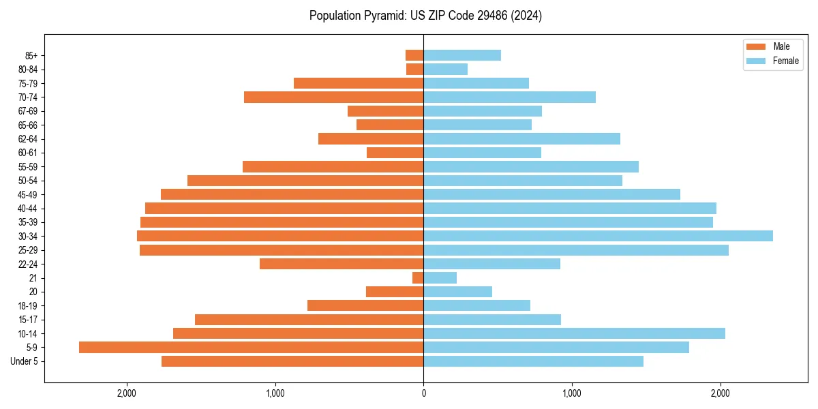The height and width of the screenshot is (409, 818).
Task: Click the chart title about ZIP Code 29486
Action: coord(425,16)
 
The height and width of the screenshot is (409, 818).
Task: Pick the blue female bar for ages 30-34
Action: coord(598,236)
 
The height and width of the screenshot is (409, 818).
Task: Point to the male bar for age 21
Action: coord(418,277)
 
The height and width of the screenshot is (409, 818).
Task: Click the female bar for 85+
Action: coord(462,55)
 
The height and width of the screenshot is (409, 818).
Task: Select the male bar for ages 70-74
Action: coord(333,97)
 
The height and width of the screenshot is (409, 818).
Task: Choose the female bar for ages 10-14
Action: coord(574,333)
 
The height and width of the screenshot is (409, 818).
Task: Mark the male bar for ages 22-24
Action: coord(342,264)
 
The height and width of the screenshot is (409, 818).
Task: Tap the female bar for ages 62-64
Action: coord(521,138)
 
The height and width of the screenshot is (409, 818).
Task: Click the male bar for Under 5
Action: coord(292,361)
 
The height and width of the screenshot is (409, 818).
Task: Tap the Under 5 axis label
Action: coord(24,361)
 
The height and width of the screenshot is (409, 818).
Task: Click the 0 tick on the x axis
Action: coord(423,393)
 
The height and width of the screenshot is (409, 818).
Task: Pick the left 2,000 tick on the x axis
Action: coord(127,393)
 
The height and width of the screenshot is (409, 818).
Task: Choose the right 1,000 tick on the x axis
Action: coord(572,393)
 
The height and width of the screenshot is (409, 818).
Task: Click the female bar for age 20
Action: coord(457,292)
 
